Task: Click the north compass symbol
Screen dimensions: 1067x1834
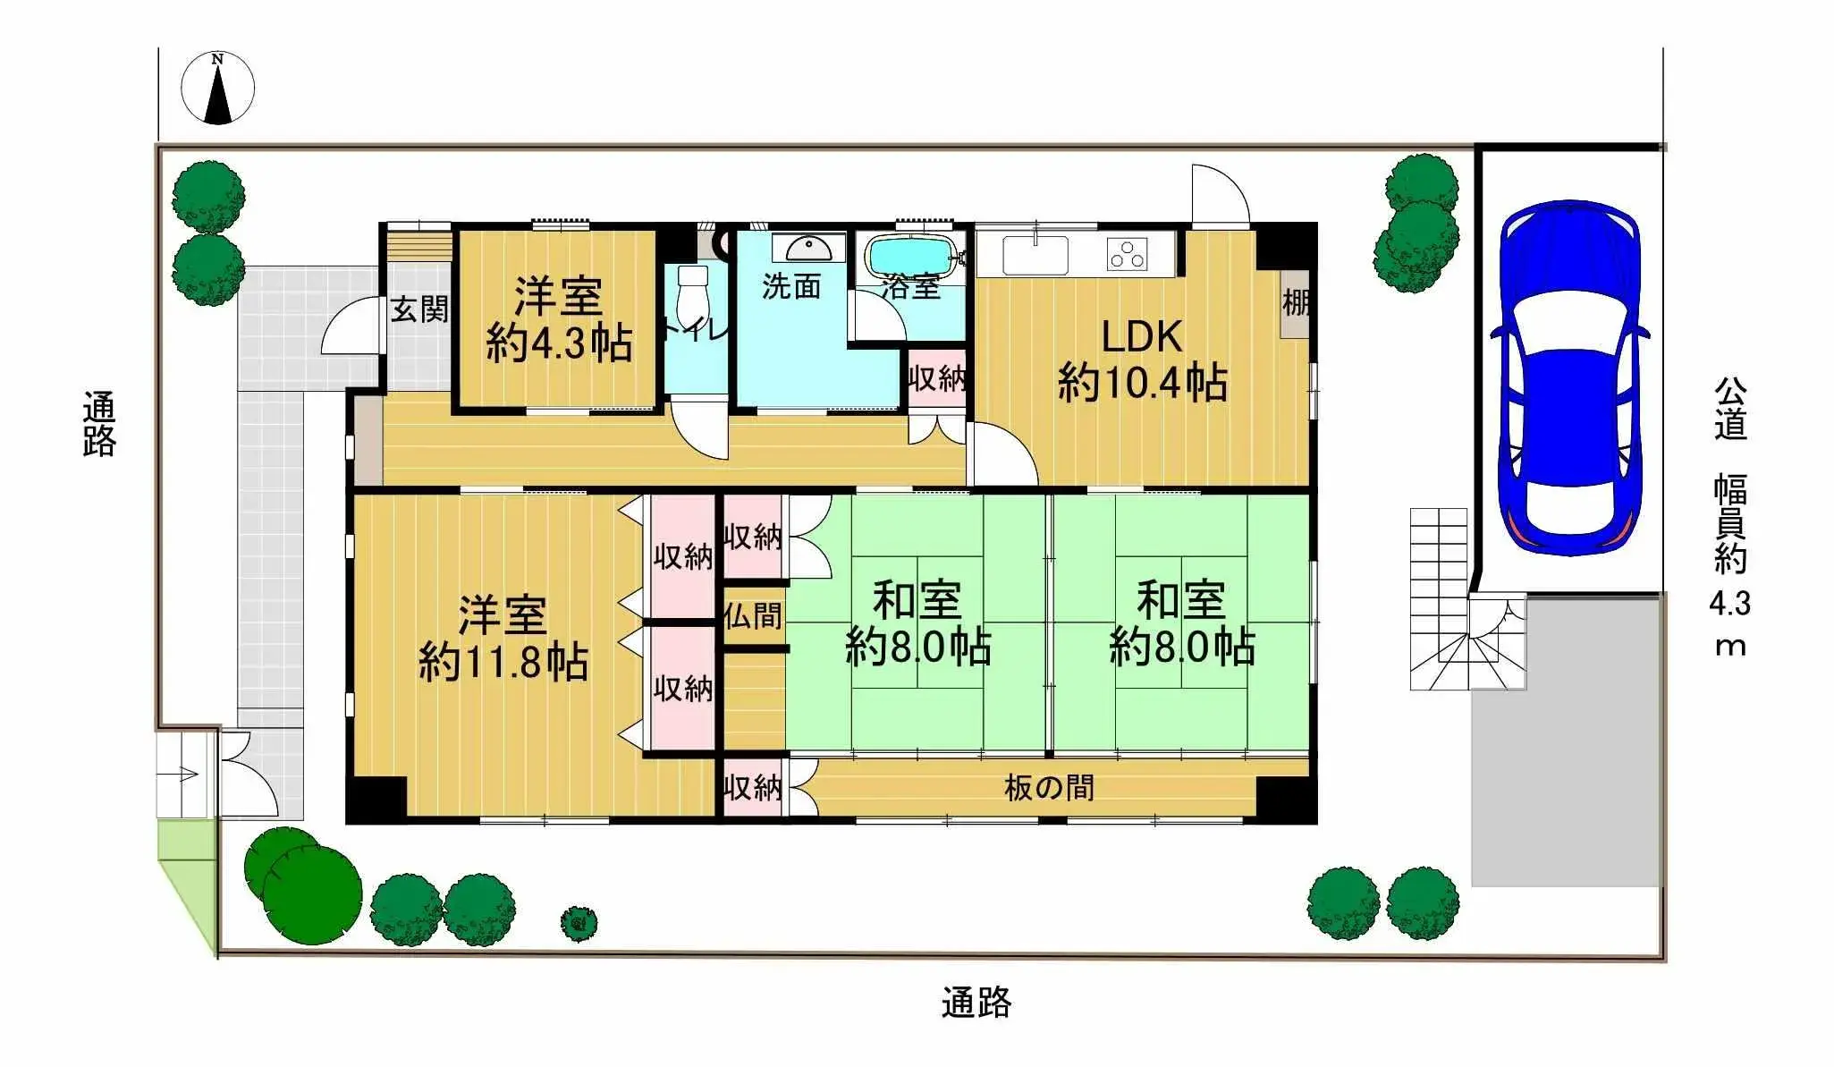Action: click(217, 89)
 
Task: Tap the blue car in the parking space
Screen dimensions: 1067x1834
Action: click(1570, 376)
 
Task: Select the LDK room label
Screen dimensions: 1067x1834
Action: click(1142, 337)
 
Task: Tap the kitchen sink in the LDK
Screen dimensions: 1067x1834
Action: click(1035, 253)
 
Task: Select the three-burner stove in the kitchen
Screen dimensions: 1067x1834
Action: click(1128, 253)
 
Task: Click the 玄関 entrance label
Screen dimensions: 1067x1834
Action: click(418, 310)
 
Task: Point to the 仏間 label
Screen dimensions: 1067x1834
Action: click(753, 616)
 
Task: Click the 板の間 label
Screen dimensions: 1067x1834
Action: click(1049, 788)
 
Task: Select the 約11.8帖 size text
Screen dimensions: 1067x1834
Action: click(503, 663)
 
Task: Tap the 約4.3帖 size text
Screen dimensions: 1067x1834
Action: click(559, 343)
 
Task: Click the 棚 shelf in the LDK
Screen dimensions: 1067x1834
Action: click(1294, 304)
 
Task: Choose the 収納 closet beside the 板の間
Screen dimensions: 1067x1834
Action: click(752, 788)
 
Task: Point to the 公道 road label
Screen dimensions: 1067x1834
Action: click(1730, 410)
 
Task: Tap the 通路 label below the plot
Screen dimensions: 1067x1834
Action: click(976, 1003)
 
